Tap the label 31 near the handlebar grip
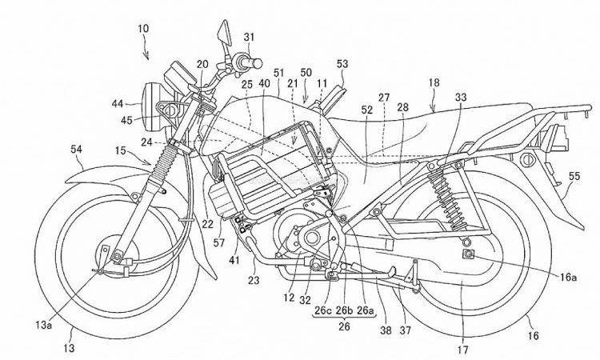249,37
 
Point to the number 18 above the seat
434,83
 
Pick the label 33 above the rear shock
459,97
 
